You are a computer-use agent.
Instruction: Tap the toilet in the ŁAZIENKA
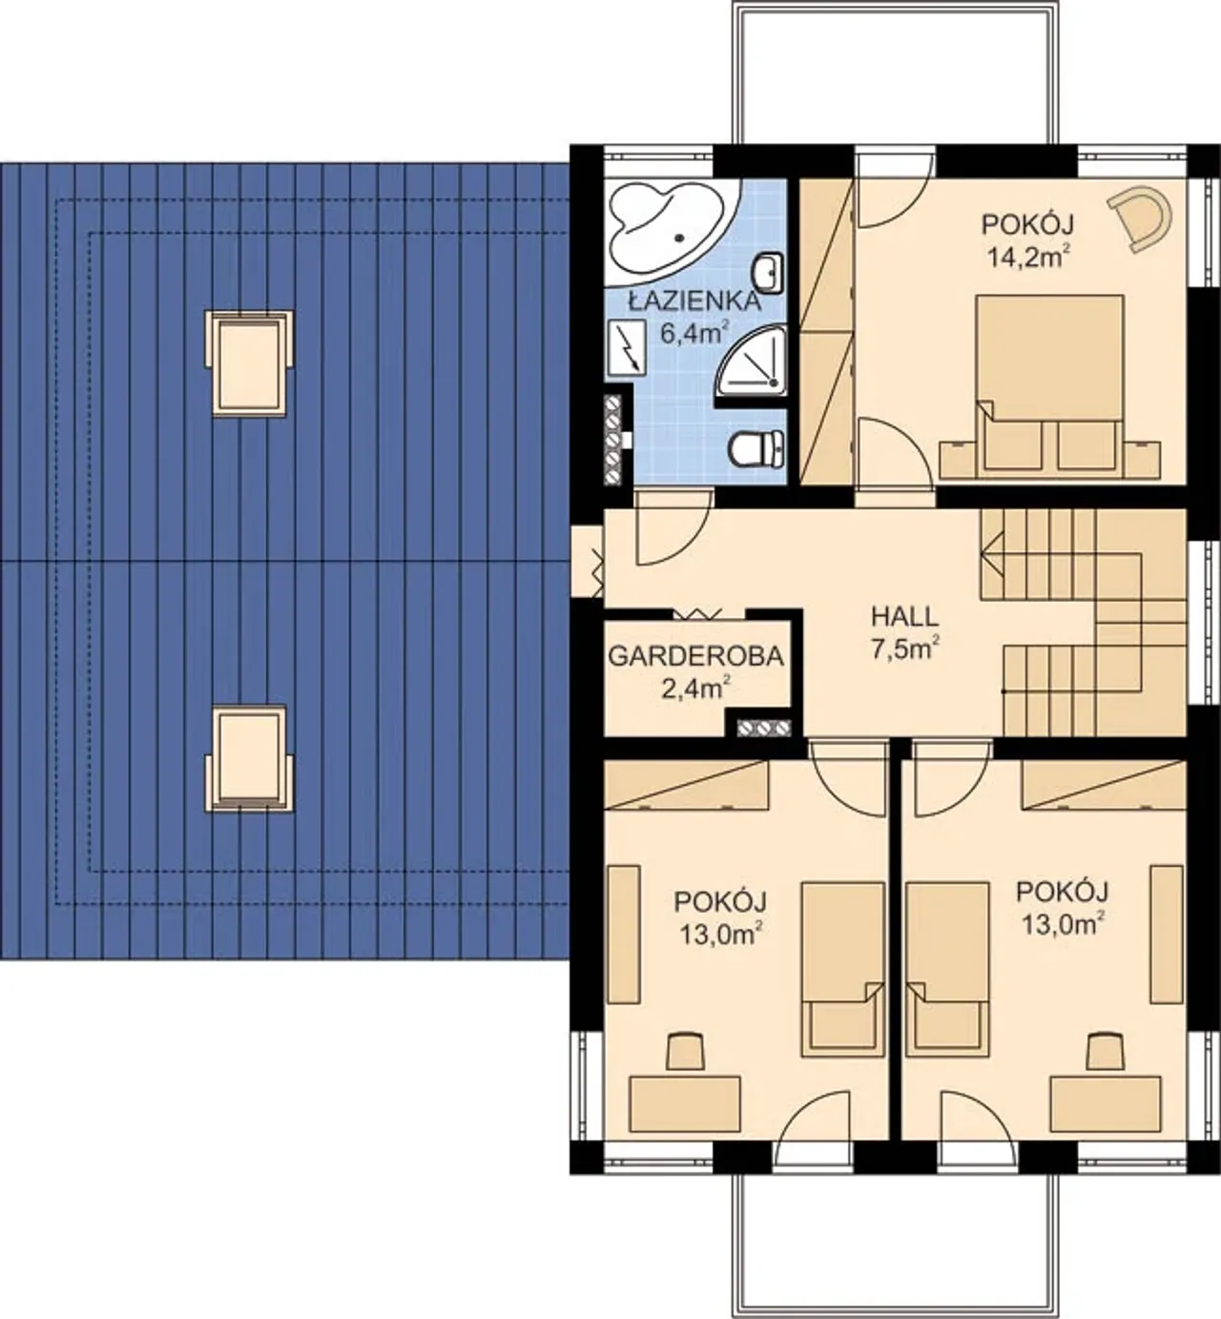756,449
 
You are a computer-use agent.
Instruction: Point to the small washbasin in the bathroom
768,273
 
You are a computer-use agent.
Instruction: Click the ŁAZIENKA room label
694,302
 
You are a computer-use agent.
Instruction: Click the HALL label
905,617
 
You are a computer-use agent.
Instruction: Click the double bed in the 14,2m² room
1049,386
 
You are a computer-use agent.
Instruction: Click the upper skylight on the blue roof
249,364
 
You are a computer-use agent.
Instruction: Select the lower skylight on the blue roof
249,759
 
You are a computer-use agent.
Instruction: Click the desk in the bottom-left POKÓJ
684,1103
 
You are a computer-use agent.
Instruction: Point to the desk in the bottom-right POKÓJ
1106,1103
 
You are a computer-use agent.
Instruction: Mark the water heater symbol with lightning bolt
627,347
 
